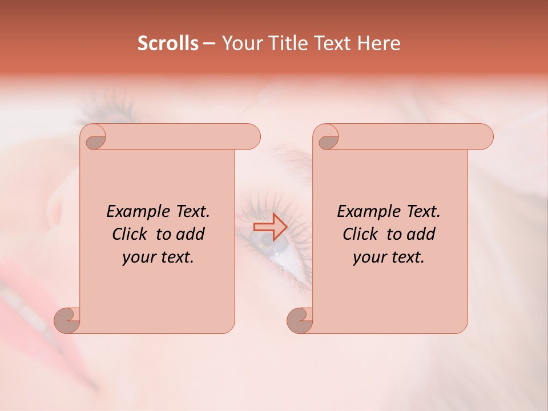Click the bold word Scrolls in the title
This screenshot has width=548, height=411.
(x=168, y=43)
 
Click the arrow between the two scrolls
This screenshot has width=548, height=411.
(x=270, y=227)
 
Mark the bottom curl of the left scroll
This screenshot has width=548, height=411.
(x=67, y=321)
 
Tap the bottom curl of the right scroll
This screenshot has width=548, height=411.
(x=300, y=321)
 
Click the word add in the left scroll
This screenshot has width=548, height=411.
(x=191, y=234)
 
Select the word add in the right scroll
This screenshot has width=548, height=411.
(x=421, y=234)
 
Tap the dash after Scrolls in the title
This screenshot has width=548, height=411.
(x=209, y=43)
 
